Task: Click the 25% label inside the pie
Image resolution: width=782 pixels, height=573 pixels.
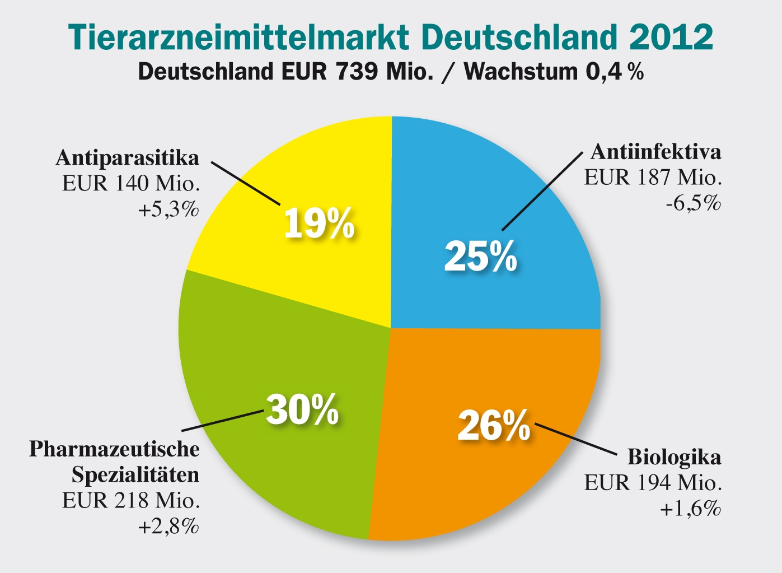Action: (x=480, y=257)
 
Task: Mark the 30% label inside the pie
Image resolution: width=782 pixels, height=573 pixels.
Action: (x=302, y=409)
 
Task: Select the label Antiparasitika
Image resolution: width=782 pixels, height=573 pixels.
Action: (x=127, y=158)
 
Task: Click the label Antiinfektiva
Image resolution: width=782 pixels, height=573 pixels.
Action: (x=656, y=152)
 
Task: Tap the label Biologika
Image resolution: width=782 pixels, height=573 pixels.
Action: (x=674, y=457)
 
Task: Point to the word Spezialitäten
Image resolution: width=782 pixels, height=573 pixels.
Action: (x=135, y=475)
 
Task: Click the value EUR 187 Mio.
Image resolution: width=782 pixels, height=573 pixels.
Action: (x=653, y=178)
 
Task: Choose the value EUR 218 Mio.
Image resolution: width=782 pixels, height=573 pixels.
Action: (x=131, y=500)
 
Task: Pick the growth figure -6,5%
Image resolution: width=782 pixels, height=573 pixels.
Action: (x=693, y=203)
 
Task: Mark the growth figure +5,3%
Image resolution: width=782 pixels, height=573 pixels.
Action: (x=168, y=210)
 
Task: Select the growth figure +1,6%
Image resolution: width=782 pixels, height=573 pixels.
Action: (x=691, y=509)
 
